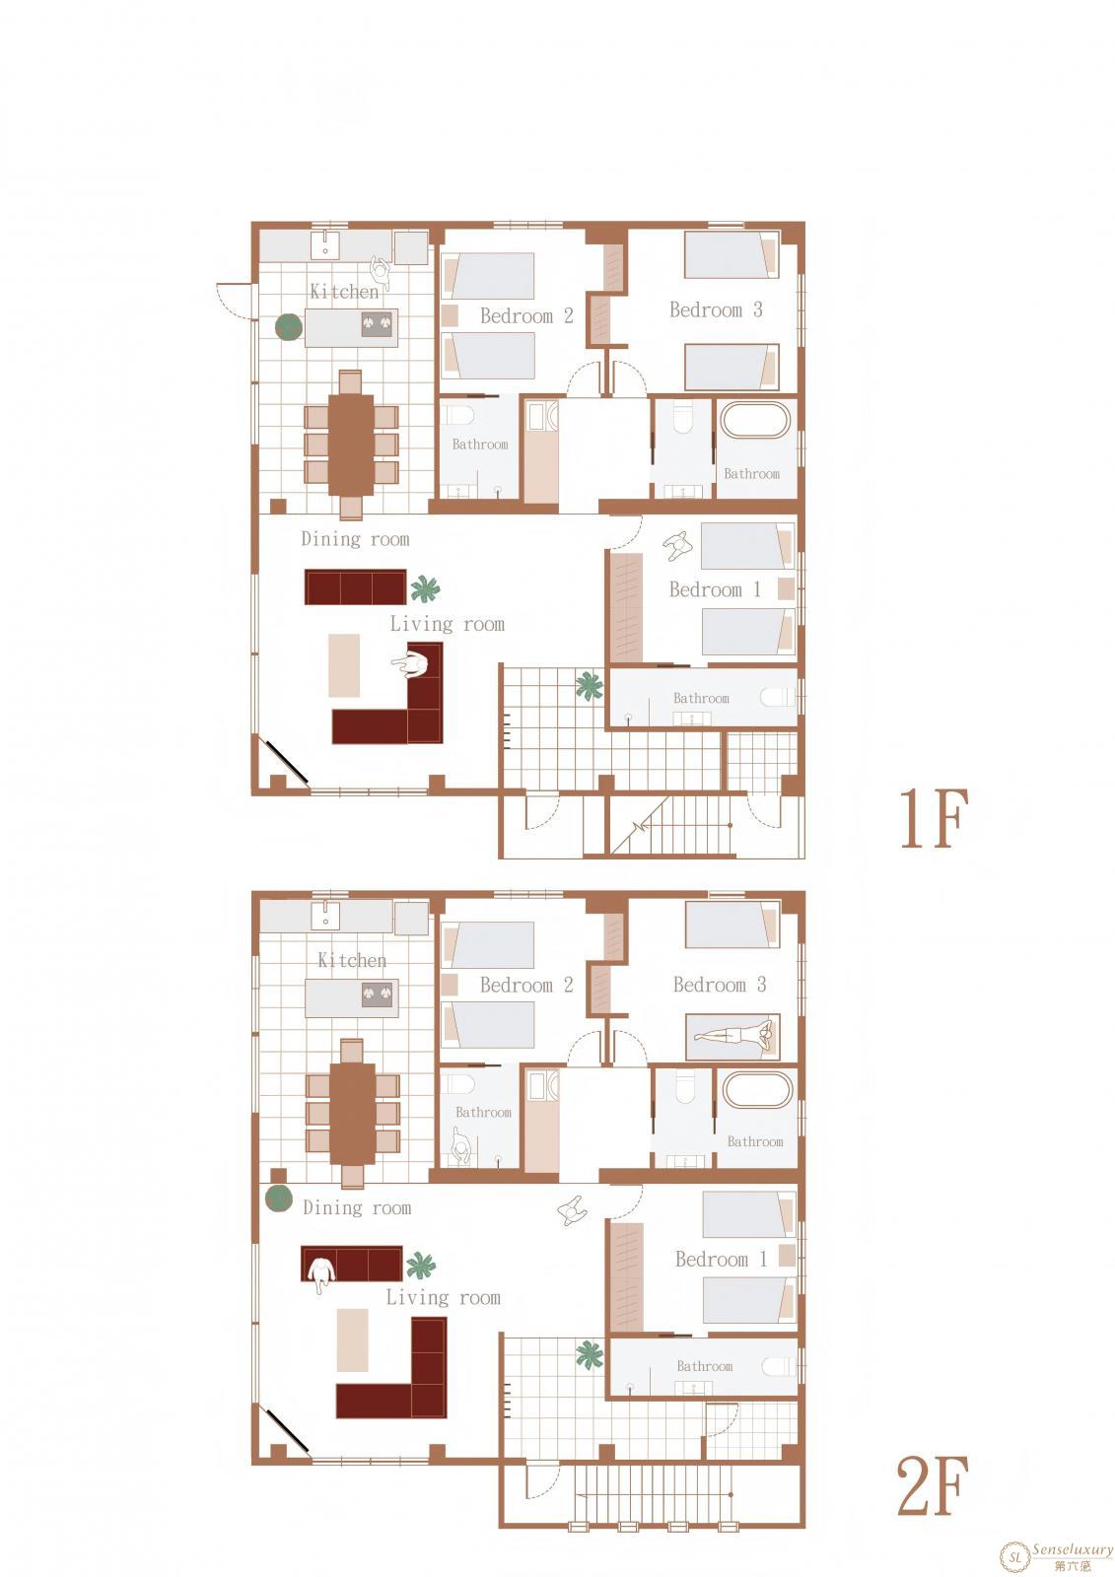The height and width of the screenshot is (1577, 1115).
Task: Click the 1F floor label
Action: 934,818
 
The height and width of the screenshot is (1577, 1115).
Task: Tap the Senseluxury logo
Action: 1057,1553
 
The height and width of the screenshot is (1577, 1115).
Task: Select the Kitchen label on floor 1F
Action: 344,291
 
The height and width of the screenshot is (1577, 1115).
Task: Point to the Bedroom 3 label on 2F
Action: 719,985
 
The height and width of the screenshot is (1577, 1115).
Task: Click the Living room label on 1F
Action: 448,624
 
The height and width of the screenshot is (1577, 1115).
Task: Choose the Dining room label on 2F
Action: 357,1208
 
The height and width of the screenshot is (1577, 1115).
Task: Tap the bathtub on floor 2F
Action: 757,1090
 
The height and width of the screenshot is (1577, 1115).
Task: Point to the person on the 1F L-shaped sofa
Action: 411,664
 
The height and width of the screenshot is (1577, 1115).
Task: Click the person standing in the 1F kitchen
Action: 381,267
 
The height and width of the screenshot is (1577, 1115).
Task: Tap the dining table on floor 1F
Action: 351,445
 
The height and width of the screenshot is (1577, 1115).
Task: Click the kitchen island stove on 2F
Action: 377,994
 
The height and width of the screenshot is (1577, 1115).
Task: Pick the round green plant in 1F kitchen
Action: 289,326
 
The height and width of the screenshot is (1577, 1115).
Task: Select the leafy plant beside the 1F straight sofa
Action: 425,588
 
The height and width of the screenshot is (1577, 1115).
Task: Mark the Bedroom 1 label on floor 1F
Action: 715,589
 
